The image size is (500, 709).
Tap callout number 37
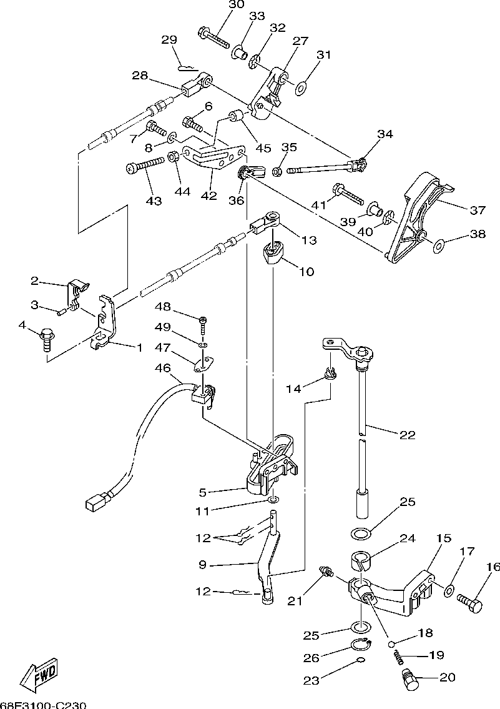tap(478, 210)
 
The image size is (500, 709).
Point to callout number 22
tap(407, 435)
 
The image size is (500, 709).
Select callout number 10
tap(306, 271)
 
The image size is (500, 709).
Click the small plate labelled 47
tap(203, 364)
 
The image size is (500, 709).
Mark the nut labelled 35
tap(278, 172)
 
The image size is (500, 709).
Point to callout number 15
tap(444, 538)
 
